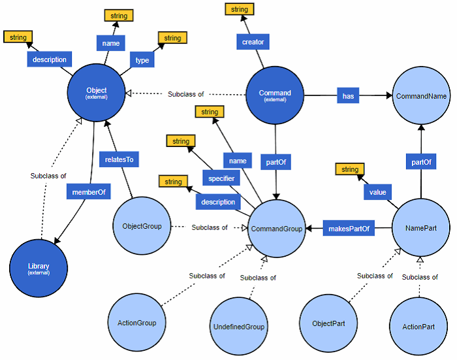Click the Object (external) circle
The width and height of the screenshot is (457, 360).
coord(96,93)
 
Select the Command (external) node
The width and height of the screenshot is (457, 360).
coord(275,95)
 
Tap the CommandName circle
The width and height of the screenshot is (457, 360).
coord(421,95)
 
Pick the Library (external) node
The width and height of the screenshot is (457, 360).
coord(39,269)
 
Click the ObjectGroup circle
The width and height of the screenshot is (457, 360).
coord(142,227)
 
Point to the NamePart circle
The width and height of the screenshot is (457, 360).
coord(421,227)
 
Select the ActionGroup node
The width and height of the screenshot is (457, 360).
coord(136,322)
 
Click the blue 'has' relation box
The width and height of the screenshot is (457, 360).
coord(349,95)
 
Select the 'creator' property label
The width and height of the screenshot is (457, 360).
coord(253,42)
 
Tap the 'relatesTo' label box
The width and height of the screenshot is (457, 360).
coord(119,159)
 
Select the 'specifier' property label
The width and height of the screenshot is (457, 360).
coord(222,178)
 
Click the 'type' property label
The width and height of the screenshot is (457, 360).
coord(142,60)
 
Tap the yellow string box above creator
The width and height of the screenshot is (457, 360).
coord(240,9)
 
